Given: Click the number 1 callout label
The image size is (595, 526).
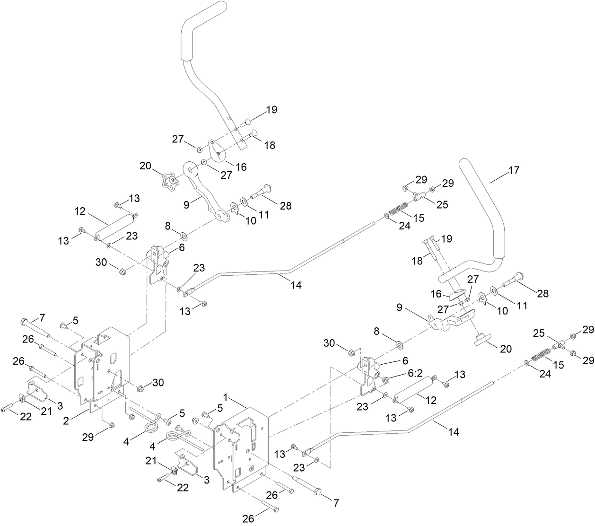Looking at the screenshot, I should [227, 400].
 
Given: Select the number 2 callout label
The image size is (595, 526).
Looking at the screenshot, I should [67, 420].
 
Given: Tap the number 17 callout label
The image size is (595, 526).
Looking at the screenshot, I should [514, 170].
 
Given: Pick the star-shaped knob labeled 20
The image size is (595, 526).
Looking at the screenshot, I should [169, 180].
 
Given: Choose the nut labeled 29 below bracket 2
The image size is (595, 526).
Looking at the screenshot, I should [110, 424].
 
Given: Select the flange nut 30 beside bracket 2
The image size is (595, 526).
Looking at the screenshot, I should [140, 389].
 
